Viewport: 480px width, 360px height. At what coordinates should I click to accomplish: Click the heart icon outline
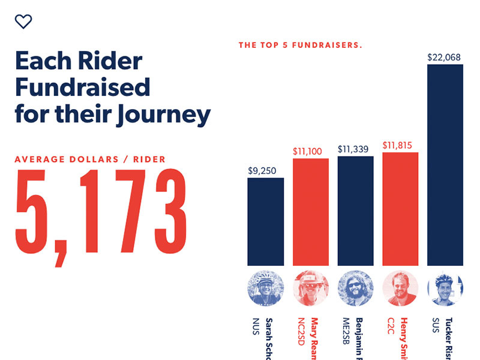23,22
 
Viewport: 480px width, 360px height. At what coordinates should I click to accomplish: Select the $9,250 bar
265,222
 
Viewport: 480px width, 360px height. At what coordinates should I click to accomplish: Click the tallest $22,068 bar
445,165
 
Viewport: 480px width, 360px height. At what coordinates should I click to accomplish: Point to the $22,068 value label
444,58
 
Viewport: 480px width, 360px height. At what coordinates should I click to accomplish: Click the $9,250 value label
262,171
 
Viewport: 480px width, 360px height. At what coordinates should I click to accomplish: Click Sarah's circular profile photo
265,289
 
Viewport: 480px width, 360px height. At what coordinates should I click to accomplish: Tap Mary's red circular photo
310,289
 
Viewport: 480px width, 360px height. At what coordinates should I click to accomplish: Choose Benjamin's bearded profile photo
355,289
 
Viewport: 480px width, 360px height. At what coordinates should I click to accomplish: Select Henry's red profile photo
400,289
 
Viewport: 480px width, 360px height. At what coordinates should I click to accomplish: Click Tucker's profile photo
445,289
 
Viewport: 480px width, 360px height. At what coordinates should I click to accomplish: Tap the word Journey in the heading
163,114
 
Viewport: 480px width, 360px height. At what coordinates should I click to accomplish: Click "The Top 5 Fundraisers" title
300,45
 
